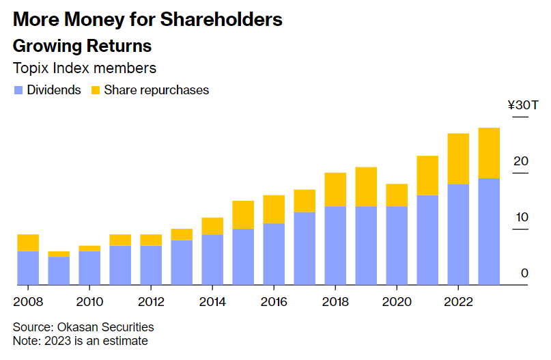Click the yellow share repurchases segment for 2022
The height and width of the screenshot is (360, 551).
(x=458, y=158)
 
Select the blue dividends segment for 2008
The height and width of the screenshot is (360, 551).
(x=28, y=267)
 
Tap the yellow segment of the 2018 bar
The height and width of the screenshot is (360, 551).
(x=335, y=189)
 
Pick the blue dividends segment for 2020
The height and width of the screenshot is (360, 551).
(x=397, y=245)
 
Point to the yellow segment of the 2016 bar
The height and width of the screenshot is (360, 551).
(x=274, y=209)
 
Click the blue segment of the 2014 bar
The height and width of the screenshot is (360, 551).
(x=212, y=259)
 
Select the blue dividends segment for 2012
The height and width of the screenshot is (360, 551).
(x=151, y=264)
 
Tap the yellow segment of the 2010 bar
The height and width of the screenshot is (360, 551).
(x=89, y=248)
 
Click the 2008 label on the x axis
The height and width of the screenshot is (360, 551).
(x=27, y=301)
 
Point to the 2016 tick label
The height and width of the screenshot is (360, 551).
(x=274, y=301)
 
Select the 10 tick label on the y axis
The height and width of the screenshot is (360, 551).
(x=522, y=217)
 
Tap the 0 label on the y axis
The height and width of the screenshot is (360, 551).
(x=524, y=273)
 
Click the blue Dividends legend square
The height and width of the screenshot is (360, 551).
(x=18, y=90)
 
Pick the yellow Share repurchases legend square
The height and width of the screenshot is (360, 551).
(x=96, y=90)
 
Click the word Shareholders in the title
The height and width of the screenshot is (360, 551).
(x=221, y=20)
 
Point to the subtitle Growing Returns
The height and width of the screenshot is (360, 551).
(x=82, y=46)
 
